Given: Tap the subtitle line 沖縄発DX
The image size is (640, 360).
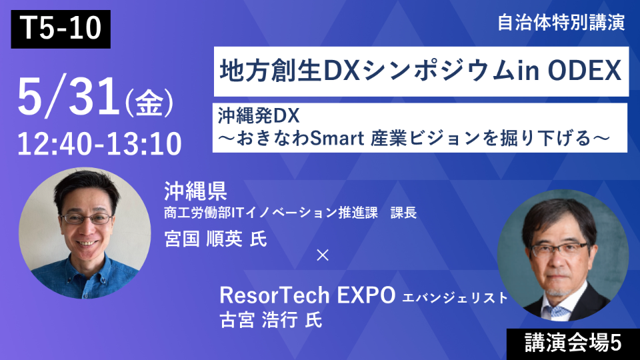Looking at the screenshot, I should click(258, 115).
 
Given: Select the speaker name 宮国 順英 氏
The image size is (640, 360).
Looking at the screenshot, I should click(215, 239).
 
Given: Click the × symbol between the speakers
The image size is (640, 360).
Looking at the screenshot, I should click(322, 255).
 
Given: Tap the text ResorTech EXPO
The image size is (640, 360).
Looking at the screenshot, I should click(307, 295).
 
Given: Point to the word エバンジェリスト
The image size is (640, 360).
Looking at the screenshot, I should click(455, 298).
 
